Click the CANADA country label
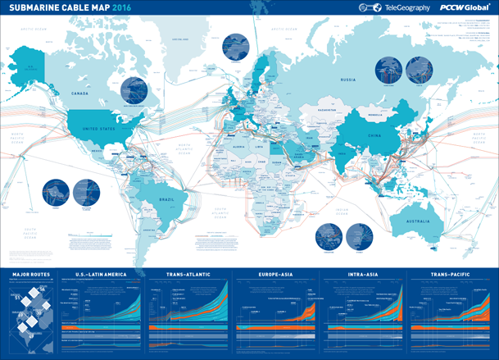pos(80,93)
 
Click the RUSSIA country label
pos(347,80)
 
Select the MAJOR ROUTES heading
pos(33,275)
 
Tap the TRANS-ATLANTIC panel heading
pos(188,275)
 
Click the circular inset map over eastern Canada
pos(135,93)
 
